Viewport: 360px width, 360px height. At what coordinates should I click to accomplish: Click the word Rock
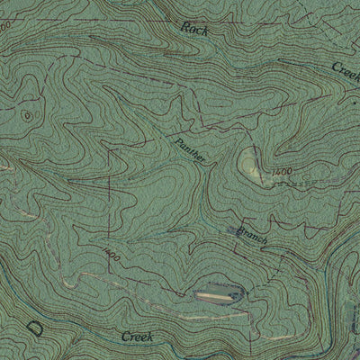193,28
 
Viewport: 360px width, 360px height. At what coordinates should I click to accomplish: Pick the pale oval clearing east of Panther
250,164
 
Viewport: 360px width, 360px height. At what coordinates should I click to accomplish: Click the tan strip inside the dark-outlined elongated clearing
216,294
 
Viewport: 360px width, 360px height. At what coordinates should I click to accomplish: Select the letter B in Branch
240,229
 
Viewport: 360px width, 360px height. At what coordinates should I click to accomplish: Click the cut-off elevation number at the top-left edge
4,27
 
